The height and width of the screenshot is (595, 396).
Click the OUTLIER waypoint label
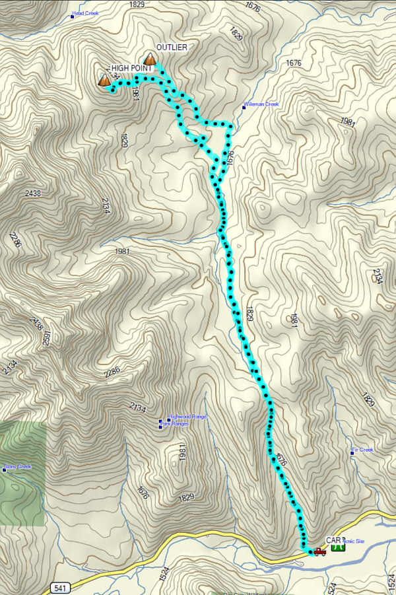tap(172, 48)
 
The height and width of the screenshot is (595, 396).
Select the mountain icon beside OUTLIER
tap(150, 60)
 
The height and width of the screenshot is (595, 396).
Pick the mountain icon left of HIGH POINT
tap(104, 81)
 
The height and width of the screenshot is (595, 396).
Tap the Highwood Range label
tap(189, 417)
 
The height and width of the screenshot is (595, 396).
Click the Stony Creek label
tap(19, 467)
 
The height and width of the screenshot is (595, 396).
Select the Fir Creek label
tap(364, 450)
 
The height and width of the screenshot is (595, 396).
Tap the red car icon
tap(319, 551)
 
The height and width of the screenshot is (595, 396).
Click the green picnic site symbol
tap(337, 547)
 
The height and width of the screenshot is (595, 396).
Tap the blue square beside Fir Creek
tap(352, 453)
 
